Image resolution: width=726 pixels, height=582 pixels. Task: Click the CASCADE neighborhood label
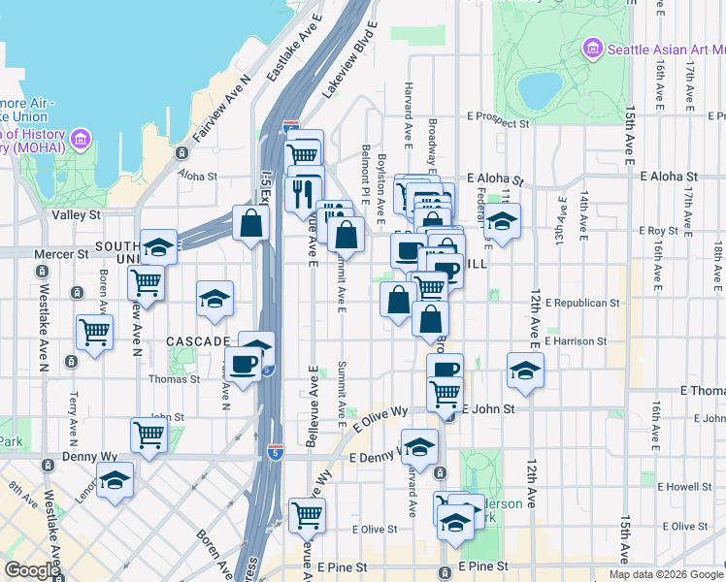click(197, 341)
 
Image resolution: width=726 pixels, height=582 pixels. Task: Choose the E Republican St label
click(582, 303)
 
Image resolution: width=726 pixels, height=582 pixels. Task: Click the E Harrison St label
click(576, 341)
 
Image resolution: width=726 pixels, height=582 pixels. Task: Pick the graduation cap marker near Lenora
click(115, 479)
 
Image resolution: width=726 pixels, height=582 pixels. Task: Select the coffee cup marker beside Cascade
click(243, 364)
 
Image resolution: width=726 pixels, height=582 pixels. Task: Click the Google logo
click(32, 570)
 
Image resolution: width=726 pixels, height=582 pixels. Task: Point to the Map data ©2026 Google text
click(665, 574)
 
